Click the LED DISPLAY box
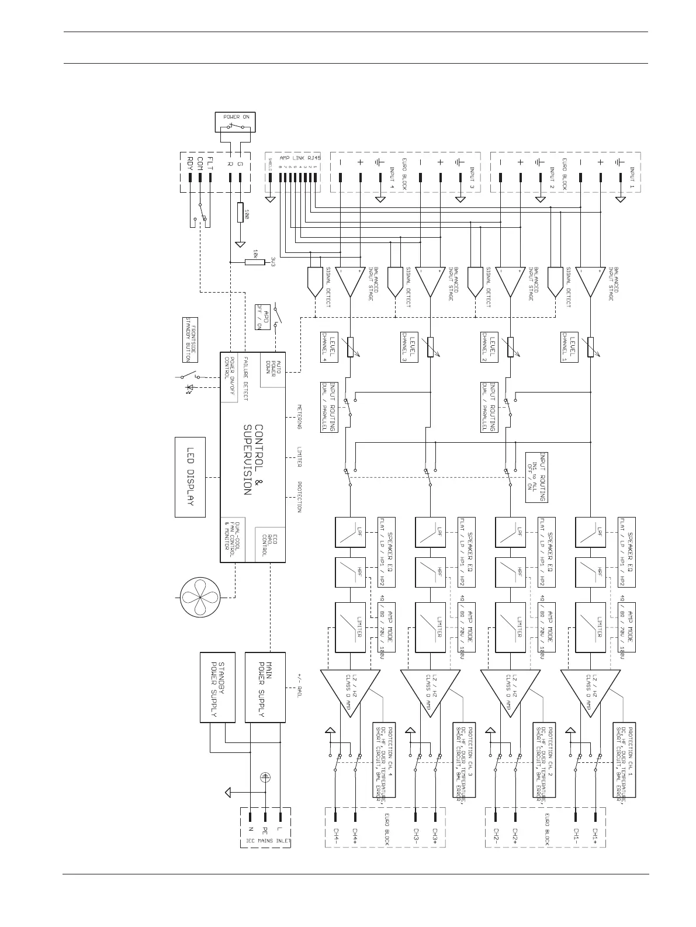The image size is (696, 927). [x=190, y=477]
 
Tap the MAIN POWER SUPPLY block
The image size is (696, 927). [x=265, y=688]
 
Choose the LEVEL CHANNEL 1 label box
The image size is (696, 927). [x=569, y=347]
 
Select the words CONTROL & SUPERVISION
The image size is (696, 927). [x=253, y=459]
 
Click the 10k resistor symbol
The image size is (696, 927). [x=254, y=262]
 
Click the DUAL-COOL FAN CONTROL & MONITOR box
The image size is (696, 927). [x=231, y=540]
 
